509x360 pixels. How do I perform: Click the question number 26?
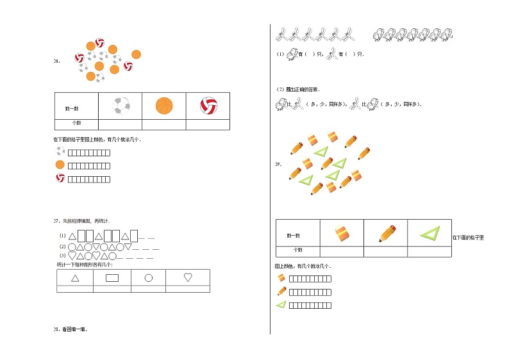[56, 61]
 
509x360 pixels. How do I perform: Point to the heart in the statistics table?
[188, 278]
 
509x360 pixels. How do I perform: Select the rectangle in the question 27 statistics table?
[112, 278]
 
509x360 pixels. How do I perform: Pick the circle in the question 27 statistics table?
[148, 278]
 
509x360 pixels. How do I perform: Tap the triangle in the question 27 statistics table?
[75, 278]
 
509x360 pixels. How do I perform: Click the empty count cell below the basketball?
[164, 123]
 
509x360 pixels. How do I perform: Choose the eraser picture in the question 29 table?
[342, 233]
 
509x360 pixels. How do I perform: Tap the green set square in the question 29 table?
[430, 233]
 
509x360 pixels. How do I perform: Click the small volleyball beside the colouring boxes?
[60, 177]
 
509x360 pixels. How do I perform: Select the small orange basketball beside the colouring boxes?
[60, 165]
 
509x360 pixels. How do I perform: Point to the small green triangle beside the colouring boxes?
[281, 305]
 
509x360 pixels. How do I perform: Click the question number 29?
[278, 164]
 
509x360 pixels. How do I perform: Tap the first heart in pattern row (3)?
[72, 256]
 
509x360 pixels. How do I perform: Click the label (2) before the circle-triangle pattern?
[62, 247]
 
